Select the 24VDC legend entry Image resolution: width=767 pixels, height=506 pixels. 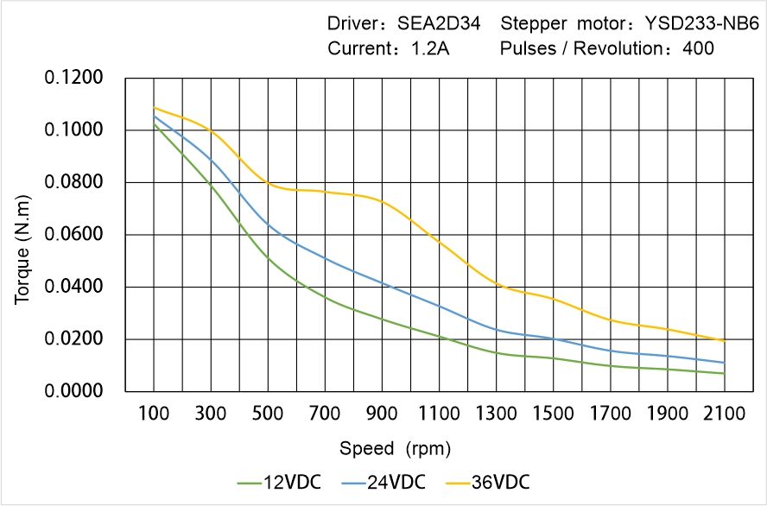tap(383, 481)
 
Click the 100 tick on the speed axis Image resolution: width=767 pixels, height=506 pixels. tap(154, 414)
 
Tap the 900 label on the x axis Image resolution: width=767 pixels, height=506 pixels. tap(382, 414)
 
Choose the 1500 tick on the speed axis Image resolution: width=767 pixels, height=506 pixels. tap(553, 414)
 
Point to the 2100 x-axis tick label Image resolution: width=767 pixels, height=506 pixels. tap(724, 414)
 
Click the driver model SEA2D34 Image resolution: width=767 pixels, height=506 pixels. tap(429, 23)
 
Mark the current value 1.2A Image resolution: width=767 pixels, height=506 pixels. tap(428, 48)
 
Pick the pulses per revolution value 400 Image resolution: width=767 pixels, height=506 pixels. tap(698, 48)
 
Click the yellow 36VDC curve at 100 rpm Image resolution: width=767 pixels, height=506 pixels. tap(155, 108)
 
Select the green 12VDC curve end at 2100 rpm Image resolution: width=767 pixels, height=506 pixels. tap(724, 373)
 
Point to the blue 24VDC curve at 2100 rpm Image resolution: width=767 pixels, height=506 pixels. tap(724, 363)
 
